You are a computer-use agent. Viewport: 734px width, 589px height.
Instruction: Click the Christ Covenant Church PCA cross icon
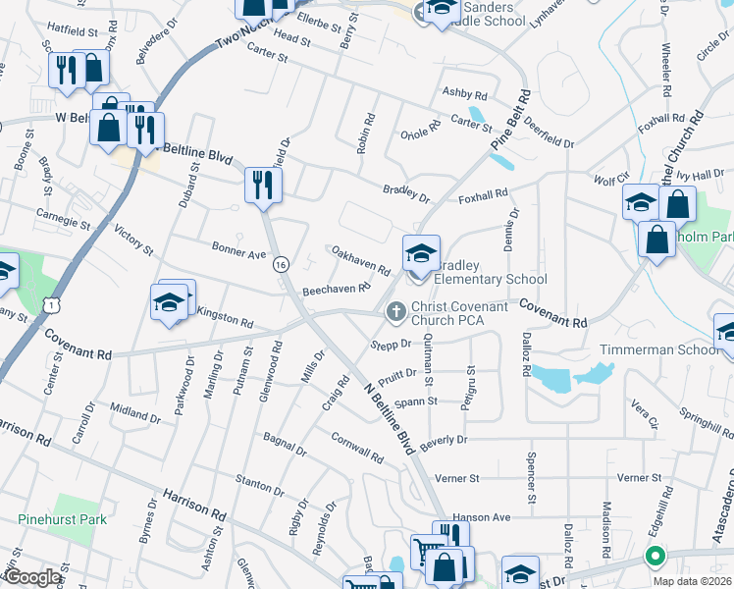pyautogui.click(x=395, y=312)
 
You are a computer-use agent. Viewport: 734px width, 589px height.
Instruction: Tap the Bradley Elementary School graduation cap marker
pyautogui.click(x=421, y=255)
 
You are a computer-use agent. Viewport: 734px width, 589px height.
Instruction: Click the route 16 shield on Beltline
pyautogui.click(x=282, y=265)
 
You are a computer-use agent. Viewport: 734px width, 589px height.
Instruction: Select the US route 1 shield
pyautogui.click(x=48, y=306)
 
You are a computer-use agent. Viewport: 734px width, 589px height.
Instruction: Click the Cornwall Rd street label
pyautogui.click(x=356, y=449)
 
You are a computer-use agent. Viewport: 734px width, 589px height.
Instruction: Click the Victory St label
pyautogui.click(x=134, y=241)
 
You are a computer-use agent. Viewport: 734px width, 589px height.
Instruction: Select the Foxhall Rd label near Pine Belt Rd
pyautogui.click(x=483, y=195)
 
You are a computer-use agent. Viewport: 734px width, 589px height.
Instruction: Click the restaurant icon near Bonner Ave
pyautogui.click(x=263, y=186)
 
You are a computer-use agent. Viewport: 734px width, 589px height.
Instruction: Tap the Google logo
pyautogui.click(x=31, y=577)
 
